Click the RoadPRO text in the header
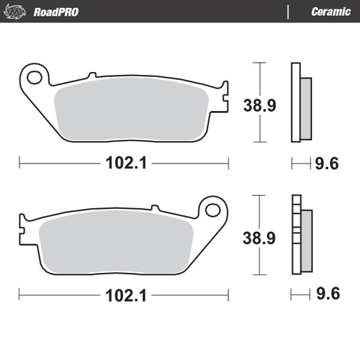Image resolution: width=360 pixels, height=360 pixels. (x=56, y=12)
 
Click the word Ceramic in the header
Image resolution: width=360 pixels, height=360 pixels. (x=330, y=12)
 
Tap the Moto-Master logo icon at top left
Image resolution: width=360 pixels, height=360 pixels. (x=18, y=12)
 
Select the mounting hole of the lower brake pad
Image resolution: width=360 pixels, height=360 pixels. (x=212, y=210)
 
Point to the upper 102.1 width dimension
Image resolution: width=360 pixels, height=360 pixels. (x=122, y=163)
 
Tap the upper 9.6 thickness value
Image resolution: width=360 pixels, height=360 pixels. (x=324, y=163)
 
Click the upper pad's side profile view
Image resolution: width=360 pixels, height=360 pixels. (x=298, y=103)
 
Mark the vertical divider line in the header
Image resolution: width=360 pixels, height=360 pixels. (x=288, y=12)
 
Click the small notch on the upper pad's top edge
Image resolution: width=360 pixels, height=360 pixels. (x=91, y=74)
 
